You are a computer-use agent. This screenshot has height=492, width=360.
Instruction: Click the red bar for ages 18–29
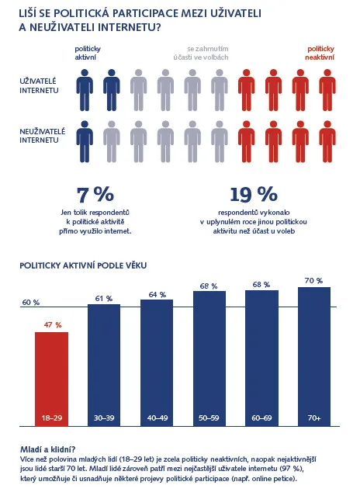pyautogui.click(x=51, y=379)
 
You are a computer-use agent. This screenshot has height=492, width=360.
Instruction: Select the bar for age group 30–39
pyautogui.click(x=104, y=366)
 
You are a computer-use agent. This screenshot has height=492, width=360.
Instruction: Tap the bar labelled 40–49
pyautogui.click(x=157, y=363)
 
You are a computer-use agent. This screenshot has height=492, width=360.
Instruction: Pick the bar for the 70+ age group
pyautogui.click(x=314, y=357)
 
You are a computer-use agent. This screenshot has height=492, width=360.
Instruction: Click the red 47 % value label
pyautogui.click(x=53, y=325)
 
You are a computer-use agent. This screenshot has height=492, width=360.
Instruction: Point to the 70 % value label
pyautogui.click(x=313, y=280)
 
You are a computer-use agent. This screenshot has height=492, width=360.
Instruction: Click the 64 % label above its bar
pyautogui.click(x=157, y=295)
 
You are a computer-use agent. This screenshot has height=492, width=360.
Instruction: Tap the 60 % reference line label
pyautogui.click(x=31, y=303)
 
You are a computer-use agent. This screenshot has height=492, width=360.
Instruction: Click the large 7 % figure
pyautogui.click(x=95, y=195)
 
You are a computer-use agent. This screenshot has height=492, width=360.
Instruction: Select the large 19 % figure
pyautogui.click(x=254, y=195)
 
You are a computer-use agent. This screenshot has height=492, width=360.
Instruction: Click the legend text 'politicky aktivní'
pyautogui.click(x=88, y=53)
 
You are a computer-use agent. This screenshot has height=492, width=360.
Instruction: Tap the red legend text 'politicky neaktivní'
pyautogui.click(x=320, y=53)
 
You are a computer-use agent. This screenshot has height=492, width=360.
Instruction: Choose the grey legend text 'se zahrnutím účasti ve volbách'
pyautogui.click(x=201, y=53)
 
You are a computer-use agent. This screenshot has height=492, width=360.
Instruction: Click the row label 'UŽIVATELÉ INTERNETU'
pyautogui.click(x=39, y=85)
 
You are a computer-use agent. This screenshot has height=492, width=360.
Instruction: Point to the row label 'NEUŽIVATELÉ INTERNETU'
pyautogui.click(x=43, y=136)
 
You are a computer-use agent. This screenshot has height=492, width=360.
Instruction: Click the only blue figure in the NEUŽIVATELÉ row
pyautogui.click(x=85, y=141)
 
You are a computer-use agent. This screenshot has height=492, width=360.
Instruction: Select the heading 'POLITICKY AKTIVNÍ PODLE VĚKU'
pyautogui.click(x=83, y=265)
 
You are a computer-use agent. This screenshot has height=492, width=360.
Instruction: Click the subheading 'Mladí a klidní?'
pyautogui.click(x=47, y=449)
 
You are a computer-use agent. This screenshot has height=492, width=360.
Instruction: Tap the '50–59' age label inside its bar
pyautogui.click(x=209, y=418)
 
